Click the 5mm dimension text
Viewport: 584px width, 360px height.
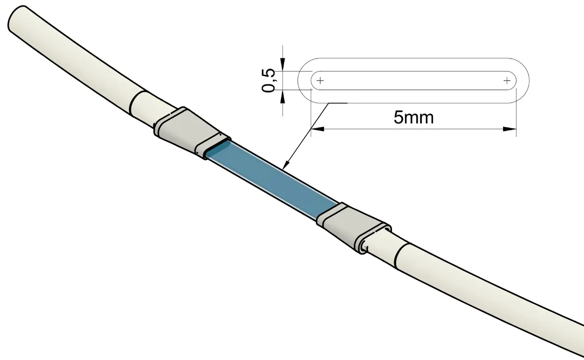point(414,117)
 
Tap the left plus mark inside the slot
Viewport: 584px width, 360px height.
point(320,80)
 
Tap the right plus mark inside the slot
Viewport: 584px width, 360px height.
point(507,80)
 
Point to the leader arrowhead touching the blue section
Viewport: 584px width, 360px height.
point(286,165)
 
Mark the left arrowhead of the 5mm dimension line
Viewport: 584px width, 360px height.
point(317,129)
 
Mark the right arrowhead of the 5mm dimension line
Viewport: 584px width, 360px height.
point(509,129)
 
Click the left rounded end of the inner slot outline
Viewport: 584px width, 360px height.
point(312,80)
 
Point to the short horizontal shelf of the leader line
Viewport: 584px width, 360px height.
point(337,103)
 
